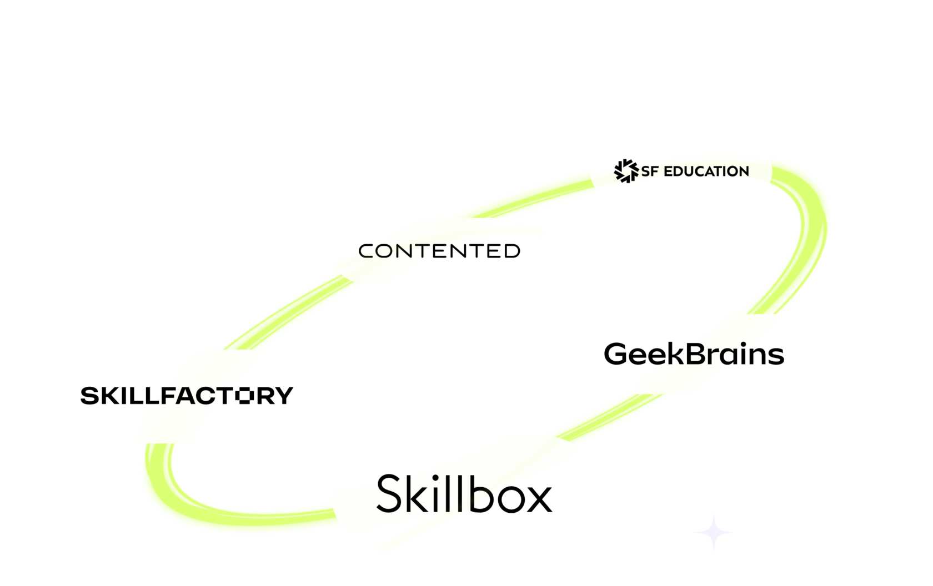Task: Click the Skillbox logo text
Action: pyautogui.click(x=464, y=493)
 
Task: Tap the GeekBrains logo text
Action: pyautogui.click(x=694, y=354)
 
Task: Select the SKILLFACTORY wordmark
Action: pyautogui.click(x=187, y=396)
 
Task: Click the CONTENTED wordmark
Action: pyautogui.click(x=439, y=251)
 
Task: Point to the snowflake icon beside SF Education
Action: pyautogui.click(x=626, y=171)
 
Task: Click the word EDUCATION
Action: pyautogui.click(x=706, y=171)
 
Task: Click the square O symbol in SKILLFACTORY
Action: pyautogui.click(x=244, y=396)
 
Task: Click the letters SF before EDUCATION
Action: pyautogui.click(x=649, y=171)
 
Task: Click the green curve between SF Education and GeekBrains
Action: pyautogui.click(x=811, y=233)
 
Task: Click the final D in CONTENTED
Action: pyautogui.click(x=512, y=251)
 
